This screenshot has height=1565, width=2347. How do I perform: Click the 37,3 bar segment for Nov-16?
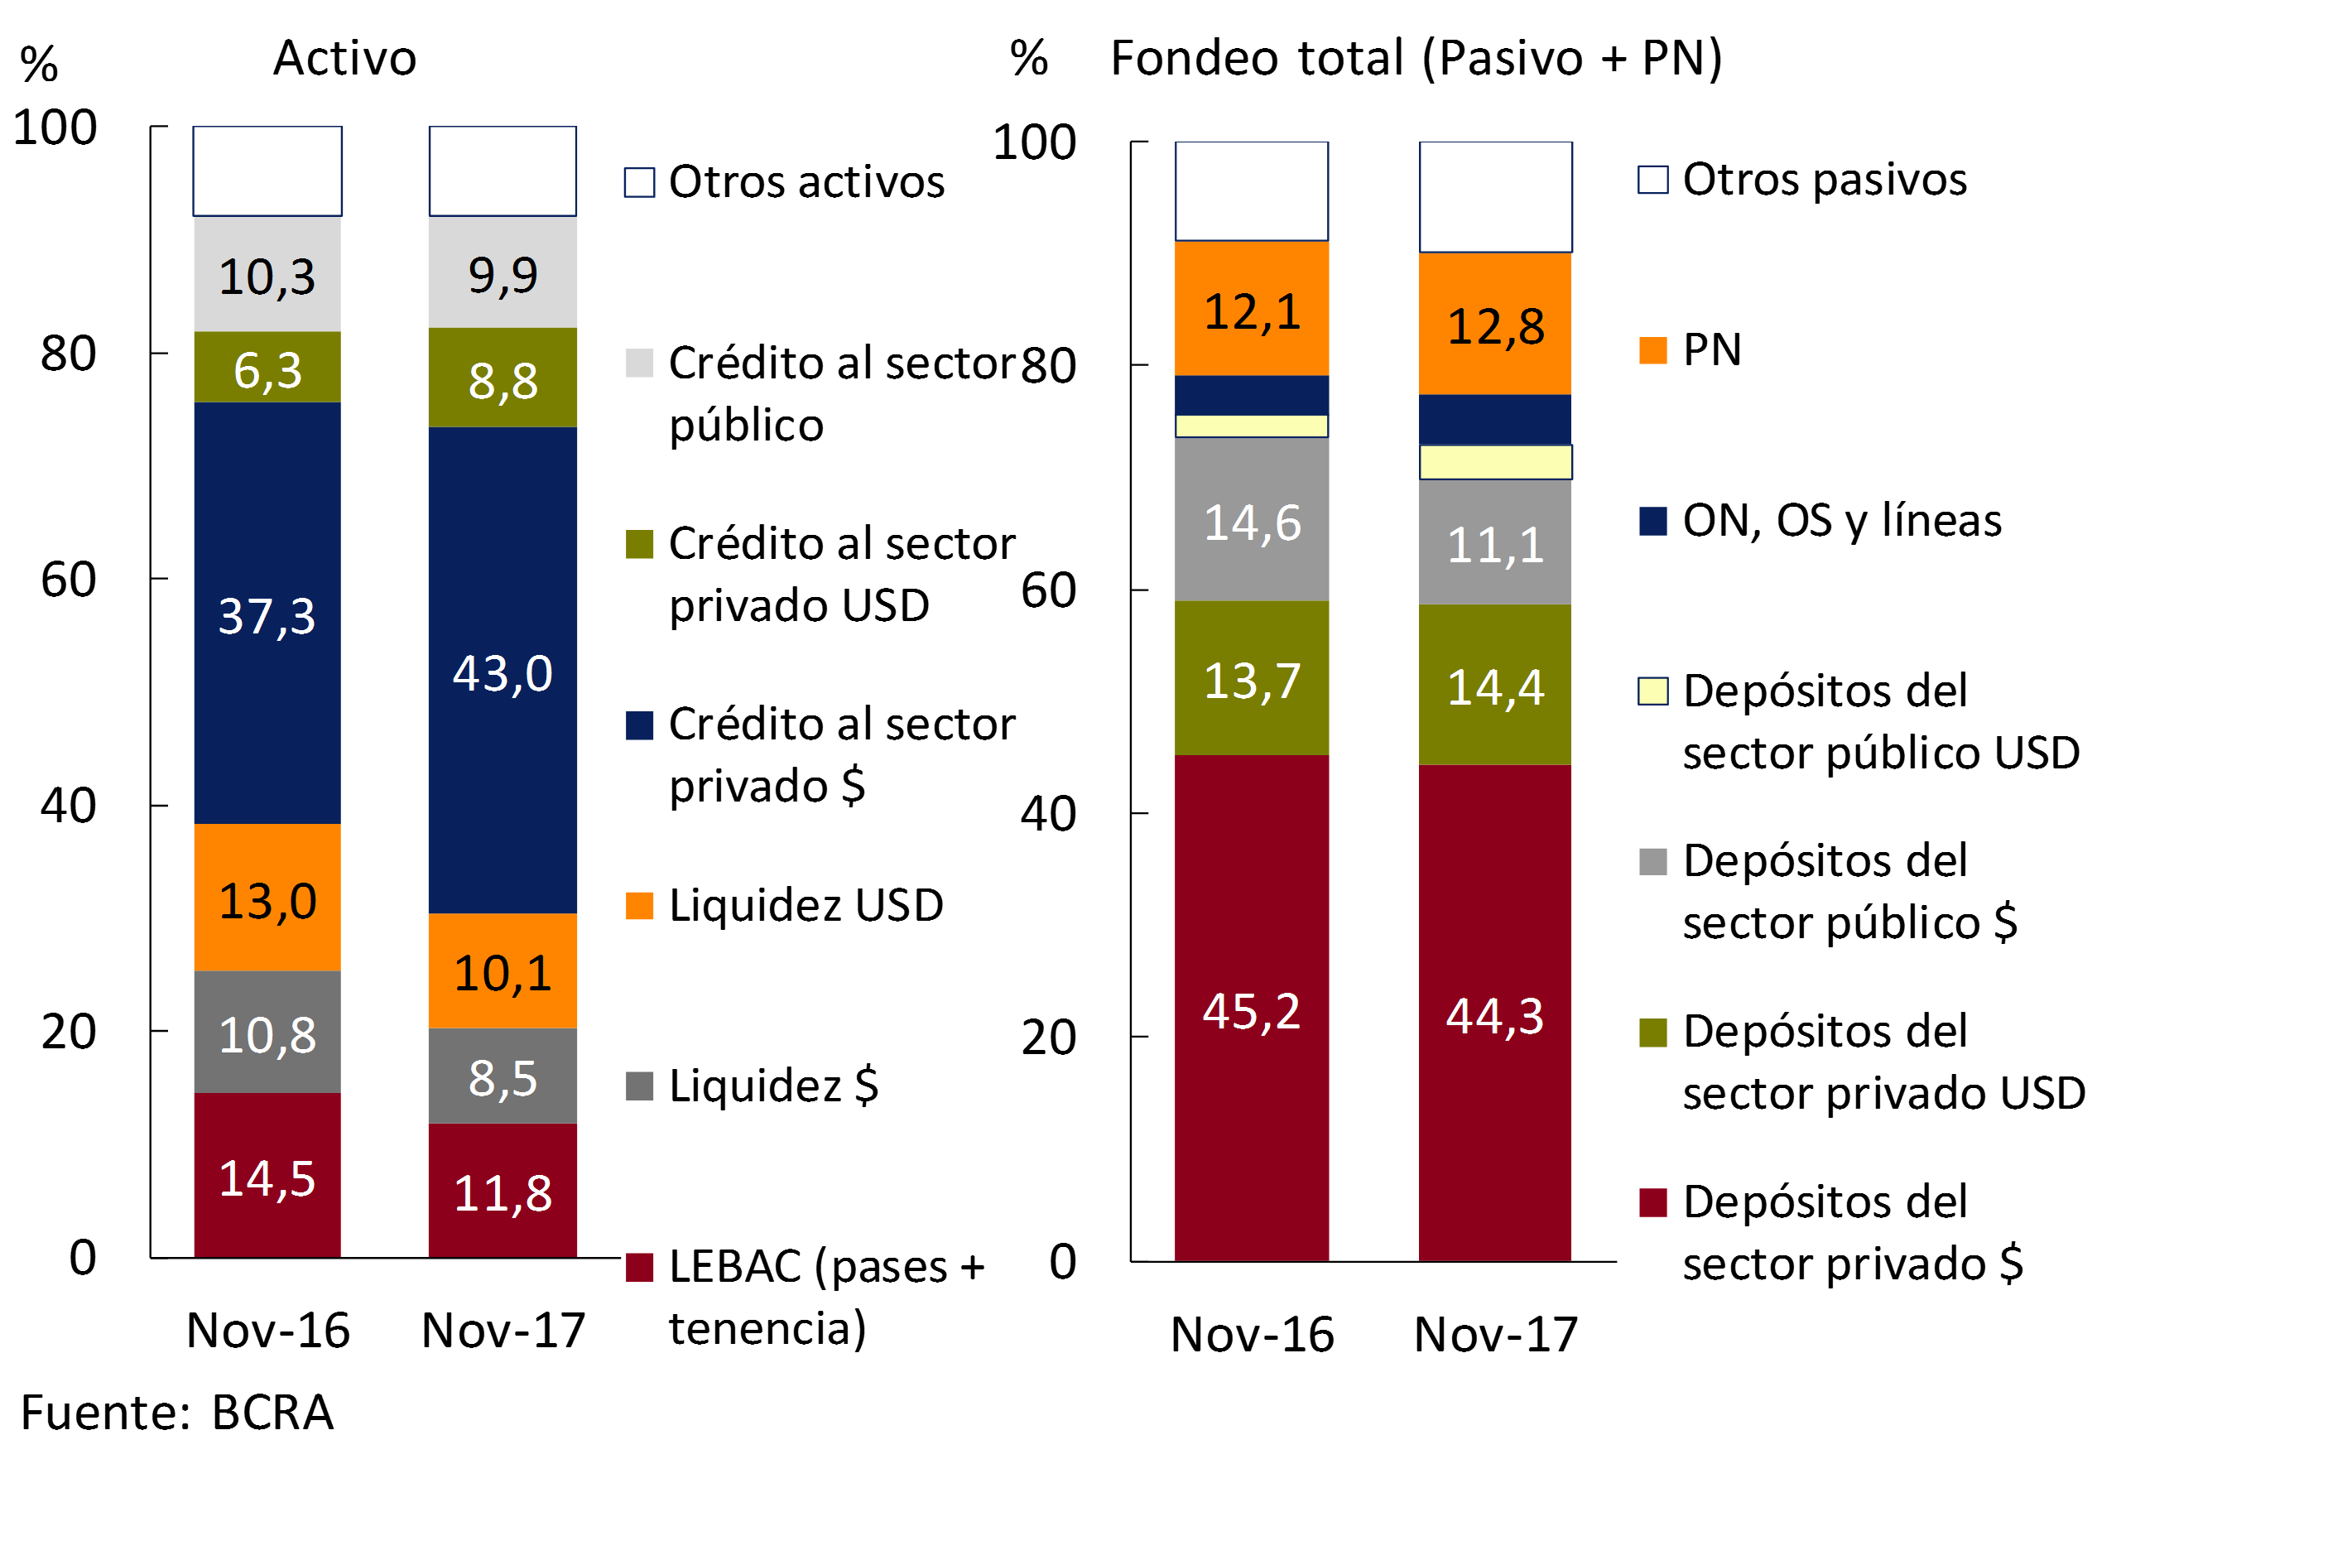267,613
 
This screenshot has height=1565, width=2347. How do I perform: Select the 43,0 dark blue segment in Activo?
503,670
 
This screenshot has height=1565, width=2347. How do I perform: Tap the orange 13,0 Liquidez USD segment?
267,898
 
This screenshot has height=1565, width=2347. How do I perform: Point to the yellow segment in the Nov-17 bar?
1495,462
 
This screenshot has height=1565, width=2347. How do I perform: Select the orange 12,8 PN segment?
1495,325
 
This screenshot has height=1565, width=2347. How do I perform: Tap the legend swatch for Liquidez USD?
638,905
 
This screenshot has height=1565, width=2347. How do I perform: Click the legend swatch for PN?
1652,350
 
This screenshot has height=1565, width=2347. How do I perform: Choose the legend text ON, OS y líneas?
1841,520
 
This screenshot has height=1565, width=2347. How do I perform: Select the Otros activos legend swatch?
638,183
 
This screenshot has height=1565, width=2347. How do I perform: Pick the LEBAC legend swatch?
638,1267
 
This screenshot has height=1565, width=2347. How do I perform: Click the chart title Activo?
344,58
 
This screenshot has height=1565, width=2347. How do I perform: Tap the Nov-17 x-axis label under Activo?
503,1330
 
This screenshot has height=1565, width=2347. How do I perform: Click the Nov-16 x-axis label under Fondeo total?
1252,1335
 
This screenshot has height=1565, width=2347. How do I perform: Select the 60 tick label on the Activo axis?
68,579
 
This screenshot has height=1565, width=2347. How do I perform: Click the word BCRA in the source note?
272,1413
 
